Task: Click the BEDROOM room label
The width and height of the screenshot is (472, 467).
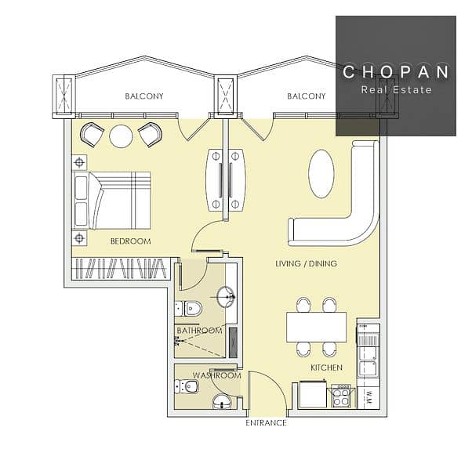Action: [131, 241]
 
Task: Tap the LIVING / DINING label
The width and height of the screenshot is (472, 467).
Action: [306, 263]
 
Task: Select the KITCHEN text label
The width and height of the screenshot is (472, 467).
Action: [327, 367]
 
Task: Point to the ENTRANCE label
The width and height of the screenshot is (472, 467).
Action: [266, 423]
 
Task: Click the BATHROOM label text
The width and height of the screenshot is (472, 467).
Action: [200, 331]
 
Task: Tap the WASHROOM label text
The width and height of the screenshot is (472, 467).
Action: [216, 375]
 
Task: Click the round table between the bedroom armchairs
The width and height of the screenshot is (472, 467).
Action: [121, 136]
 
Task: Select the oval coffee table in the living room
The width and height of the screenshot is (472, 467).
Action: [321, 174]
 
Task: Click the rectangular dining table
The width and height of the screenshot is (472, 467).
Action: [317, 327]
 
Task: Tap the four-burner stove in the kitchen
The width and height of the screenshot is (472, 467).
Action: [341, 396]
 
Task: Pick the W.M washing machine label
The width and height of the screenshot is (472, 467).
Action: [369, 397]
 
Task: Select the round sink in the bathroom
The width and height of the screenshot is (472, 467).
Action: [226, 297]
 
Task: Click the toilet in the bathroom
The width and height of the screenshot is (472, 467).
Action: [189, 308]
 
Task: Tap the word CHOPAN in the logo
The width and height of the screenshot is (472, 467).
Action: [396, 71]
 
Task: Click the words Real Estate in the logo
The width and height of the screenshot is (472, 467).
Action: [397, 89]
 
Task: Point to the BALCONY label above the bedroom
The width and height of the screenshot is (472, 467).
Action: [144, 96]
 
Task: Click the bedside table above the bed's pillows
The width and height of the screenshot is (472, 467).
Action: [79, 162]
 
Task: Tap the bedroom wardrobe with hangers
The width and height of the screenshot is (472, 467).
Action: [121, 269]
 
